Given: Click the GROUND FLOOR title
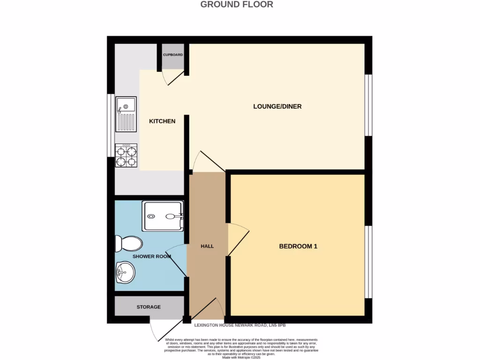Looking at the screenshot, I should tap(237, 5).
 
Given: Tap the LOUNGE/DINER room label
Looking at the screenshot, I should tap(277, 106).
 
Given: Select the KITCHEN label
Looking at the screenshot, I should tap(162, 121).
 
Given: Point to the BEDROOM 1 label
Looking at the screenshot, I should tap(298, 246).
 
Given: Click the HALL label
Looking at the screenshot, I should tap(207, 246).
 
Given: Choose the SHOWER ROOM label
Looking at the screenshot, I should tap(151, 256).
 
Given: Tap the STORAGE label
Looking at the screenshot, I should tap(149, 307).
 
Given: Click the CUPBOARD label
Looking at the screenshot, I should tap(173, 55).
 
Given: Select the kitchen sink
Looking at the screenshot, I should tap(127, 114).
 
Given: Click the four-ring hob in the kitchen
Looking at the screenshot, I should tap(126, 156).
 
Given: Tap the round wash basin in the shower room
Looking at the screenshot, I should tap(125, 271).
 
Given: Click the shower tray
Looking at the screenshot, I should tap(163, 216).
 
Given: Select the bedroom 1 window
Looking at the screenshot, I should tap(369, 262).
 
